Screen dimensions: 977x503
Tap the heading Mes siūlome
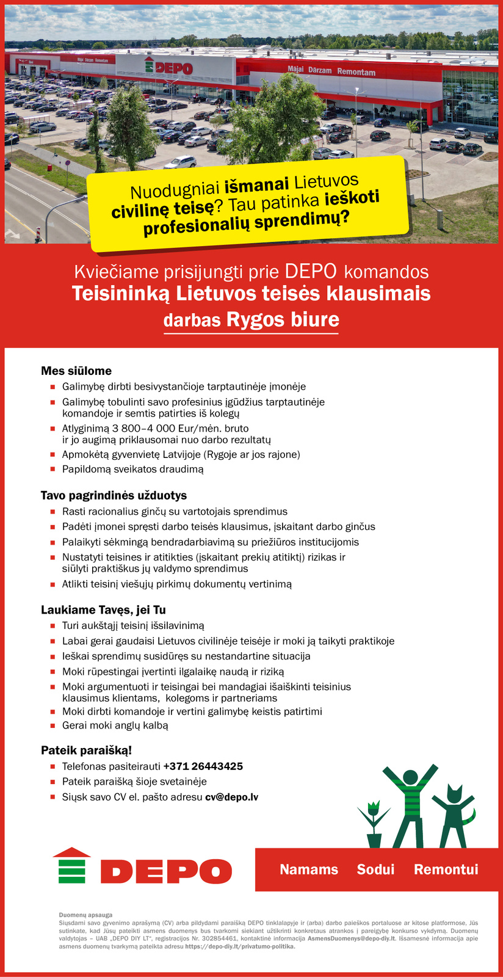76,371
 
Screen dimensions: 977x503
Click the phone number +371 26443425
203,766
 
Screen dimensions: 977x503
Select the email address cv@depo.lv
231,797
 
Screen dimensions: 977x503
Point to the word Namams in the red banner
309,870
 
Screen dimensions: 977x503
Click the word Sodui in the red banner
375,870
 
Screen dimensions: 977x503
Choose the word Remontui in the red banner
446,870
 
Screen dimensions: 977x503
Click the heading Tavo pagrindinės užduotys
114,495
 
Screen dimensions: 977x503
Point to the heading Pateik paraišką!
86,750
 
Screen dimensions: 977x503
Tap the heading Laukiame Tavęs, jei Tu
103,610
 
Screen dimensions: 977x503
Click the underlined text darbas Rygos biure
251,320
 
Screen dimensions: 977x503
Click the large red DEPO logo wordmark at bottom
165,871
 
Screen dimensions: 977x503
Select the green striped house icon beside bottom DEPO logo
71,865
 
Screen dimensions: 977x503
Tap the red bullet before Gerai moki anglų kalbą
52,726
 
